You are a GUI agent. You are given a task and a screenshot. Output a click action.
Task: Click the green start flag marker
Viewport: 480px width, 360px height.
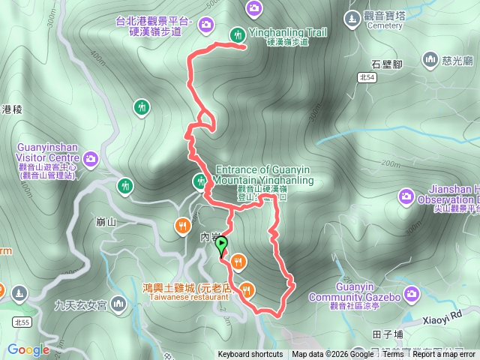221,244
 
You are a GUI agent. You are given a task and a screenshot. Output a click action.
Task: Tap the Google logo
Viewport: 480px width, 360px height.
28,349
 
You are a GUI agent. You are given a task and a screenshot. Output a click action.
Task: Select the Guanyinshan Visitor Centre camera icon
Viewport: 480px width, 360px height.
91,158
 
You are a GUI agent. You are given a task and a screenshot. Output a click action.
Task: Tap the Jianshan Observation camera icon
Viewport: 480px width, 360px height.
406,196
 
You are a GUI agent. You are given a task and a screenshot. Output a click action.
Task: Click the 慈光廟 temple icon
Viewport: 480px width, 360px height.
430,58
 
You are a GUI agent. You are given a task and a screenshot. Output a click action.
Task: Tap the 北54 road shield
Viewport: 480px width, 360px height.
367,77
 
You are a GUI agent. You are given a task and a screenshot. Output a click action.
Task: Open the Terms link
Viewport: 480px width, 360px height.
392,355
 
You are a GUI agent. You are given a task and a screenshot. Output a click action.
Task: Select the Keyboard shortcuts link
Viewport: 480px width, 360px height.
250,355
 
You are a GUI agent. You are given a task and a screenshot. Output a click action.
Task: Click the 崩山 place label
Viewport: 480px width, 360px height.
106,223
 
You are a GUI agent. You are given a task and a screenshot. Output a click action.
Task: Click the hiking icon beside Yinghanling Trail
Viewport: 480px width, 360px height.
237,34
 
